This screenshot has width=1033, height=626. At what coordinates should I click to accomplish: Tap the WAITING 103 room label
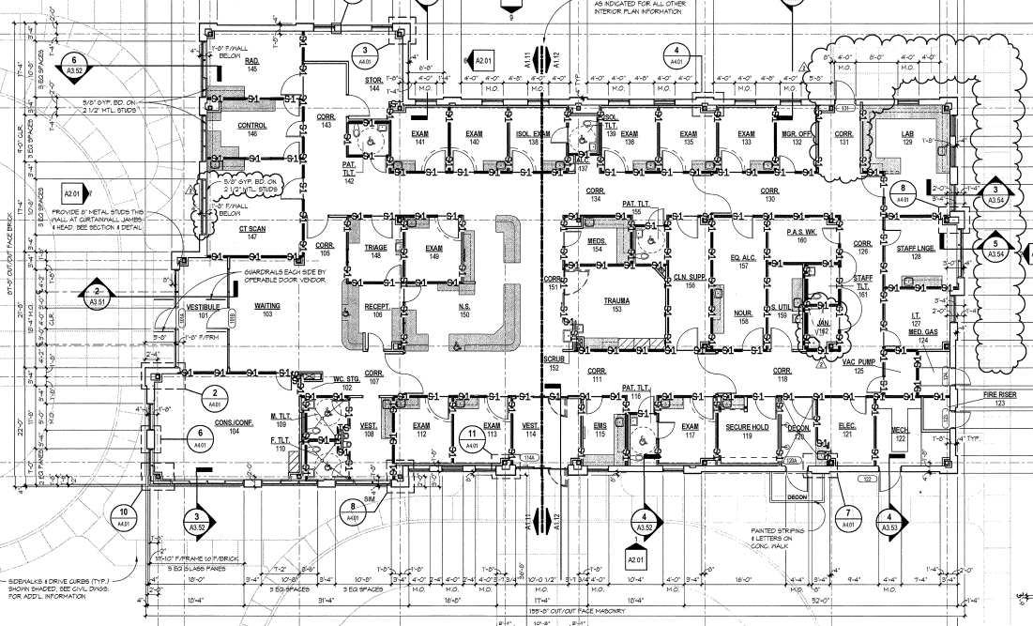[x=267, y=311]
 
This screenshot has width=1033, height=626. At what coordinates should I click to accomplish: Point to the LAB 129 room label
[x=907, y=137]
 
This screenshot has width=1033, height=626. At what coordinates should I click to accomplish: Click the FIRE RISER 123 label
[x=974, y=399]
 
